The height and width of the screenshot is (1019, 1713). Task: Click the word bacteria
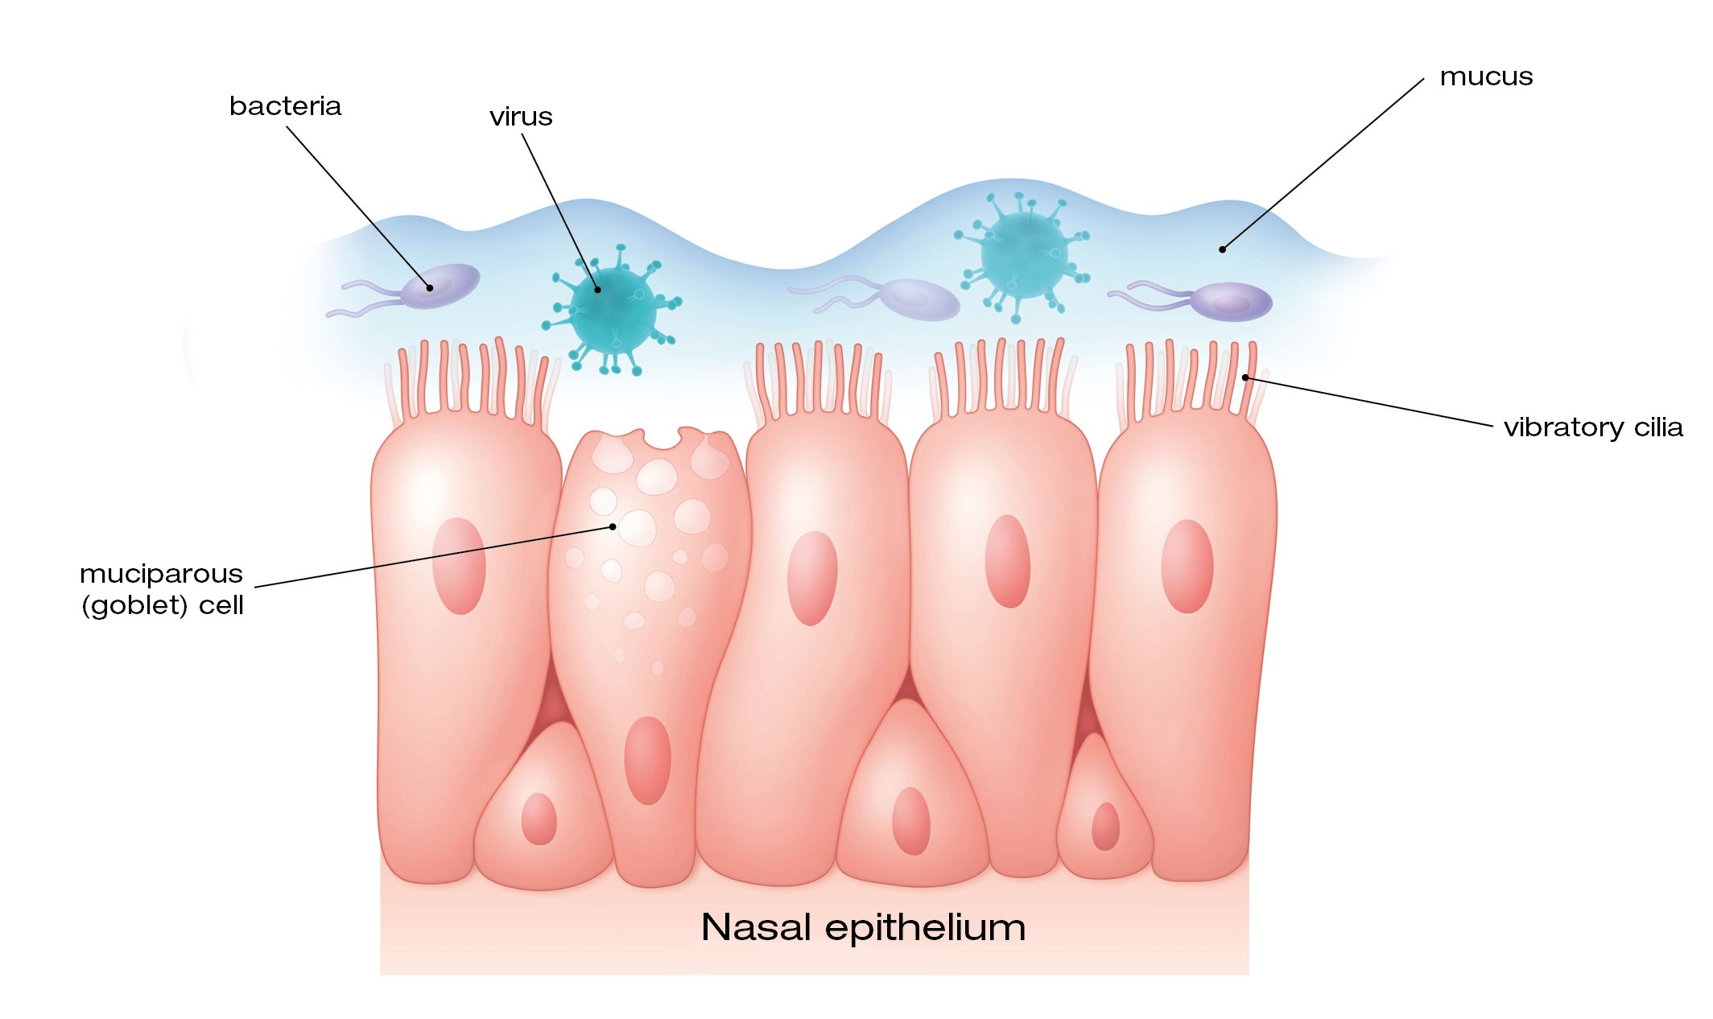(x=285, y=106)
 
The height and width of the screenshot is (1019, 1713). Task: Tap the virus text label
(x=521, y=118)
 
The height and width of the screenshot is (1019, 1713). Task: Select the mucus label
(x=1486, y=77)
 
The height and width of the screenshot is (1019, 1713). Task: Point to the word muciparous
(x=161, y=575)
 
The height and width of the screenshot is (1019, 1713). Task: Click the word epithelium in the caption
(x=926, y=928)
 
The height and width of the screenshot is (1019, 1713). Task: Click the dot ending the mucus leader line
(x=1222, y=250)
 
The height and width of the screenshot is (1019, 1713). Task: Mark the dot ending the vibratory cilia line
(x=1245, y=377)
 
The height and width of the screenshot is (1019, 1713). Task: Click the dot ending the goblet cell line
(x=613, y=526)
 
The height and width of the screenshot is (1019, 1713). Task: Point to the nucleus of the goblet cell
(x=647, y=760)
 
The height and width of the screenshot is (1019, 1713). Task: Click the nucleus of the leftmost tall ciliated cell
(x=459, y=566)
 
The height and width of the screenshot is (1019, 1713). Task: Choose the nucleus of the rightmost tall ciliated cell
(x=1187, y=566)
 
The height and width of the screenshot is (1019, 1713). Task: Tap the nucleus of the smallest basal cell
(x=1105, y=827)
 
